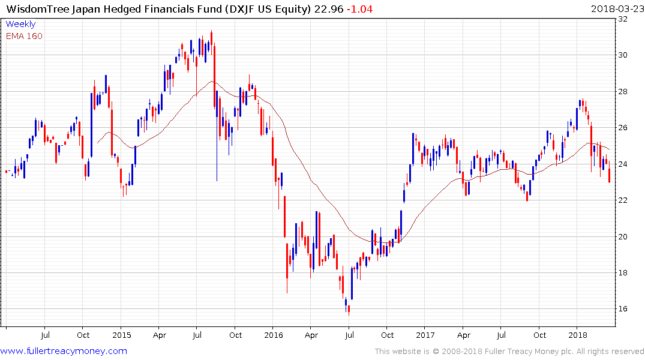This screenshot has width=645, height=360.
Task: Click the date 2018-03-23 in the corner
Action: pyautogui.click(x=617, y=9)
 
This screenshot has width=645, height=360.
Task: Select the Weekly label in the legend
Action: pyautogui.click(x=20, y=25)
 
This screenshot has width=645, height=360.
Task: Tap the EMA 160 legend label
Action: pyautogui.click(x=25, y=36)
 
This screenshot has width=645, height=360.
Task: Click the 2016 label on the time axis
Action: pyautogui.click(x=273, y=335)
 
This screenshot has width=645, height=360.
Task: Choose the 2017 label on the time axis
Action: pyautogui.click(x=425, y=335)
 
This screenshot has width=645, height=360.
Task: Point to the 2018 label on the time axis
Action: pyautogui.click(x=578, y=335)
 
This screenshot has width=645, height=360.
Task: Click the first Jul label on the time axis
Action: pyautogui.click(x=44, y=335)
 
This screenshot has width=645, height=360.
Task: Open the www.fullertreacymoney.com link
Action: pyautogui.click(x=64, y=351)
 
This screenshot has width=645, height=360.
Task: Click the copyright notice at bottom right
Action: pyautogui.click(x=509, y=352)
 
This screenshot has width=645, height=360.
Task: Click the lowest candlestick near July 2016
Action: pyautogui.click(x=348, y=308)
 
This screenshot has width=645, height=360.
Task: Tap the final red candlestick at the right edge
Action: pyautogui.click(x=610, y=175)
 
